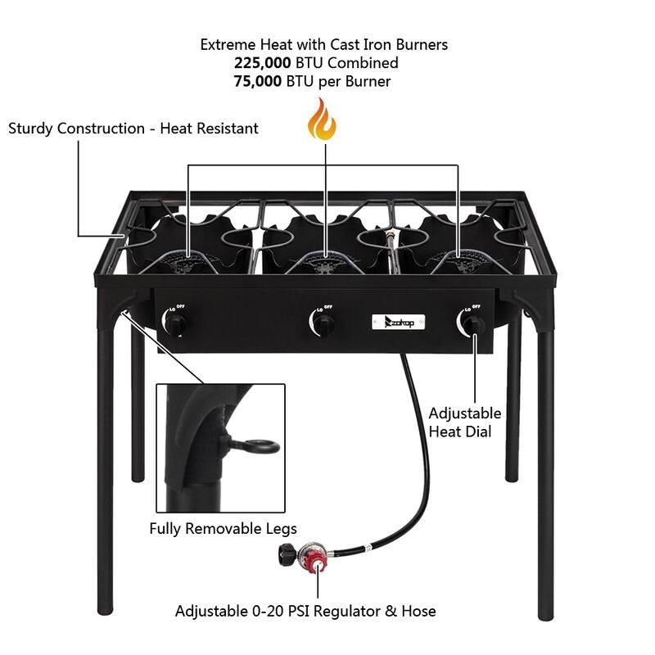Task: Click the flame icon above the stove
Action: (x=321, y=120)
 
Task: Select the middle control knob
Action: (x=323, y=325)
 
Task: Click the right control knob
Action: (x=472, y=325)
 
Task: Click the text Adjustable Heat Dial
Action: (x=465, y=422)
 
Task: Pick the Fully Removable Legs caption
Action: (x=223, y=528)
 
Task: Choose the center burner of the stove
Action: (x=326, y=262)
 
